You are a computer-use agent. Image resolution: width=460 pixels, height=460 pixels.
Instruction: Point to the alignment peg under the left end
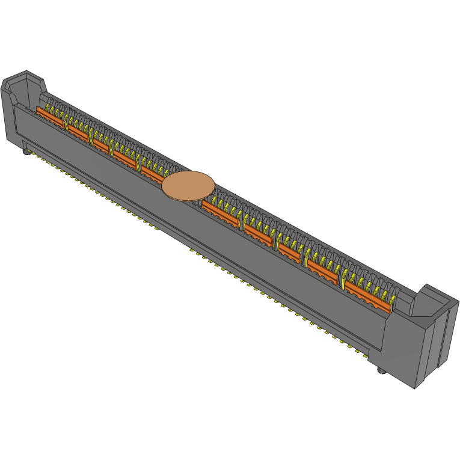click(26, 152)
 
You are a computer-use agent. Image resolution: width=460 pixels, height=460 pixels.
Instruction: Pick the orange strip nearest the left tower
click(51, 117)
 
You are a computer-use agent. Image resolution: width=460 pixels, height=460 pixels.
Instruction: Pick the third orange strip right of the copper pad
click(289, 252)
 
